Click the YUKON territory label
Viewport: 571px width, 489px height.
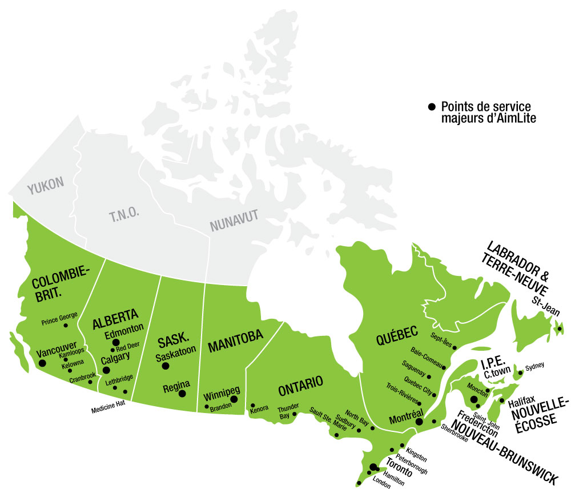point(46,185)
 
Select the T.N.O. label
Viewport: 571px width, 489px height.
point(120,216)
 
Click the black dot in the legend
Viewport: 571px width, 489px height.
point(432,107)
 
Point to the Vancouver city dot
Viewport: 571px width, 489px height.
point(41,362)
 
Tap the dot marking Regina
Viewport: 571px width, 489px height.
point(182,394)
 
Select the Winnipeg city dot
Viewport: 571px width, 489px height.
point(234,399)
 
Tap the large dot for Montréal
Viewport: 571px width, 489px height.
point(419,421)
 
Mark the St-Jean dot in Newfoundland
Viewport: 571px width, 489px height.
point(560,328)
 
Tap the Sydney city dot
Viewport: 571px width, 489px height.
point(520,372)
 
